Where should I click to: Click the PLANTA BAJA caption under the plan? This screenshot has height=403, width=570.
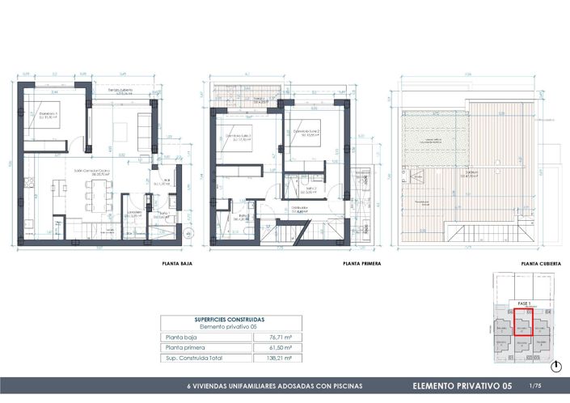tap(175, 264)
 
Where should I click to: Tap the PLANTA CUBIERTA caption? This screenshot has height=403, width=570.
tap(541, 264)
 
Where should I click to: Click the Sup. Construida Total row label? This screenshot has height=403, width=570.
tap(193, 357)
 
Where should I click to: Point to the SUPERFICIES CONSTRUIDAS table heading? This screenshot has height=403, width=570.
tap(229, 320)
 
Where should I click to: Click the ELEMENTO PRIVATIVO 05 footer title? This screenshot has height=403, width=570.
tap(462, 386)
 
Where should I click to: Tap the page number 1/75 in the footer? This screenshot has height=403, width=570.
tap(534, 386)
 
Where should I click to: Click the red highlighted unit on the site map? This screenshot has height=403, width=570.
tap(521, 322)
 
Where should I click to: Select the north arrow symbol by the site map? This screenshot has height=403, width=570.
tap(558, 360)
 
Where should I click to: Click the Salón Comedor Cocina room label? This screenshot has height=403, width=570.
tap(91, 171)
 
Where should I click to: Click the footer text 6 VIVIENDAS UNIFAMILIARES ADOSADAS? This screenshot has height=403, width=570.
tap(275, 386)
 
